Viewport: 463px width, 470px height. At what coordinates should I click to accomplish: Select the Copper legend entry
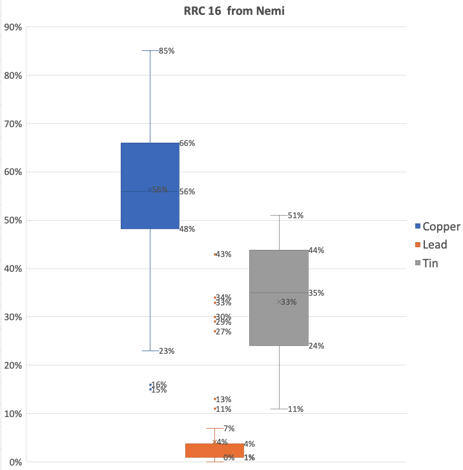pos(437,227)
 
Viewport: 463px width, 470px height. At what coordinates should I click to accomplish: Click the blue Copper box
pos(150,185)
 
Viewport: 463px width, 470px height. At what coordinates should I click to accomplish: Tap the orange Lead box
pos(214,450)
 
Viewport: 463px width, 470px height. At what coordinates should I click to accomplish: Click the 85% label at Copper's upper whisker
pos(167,51)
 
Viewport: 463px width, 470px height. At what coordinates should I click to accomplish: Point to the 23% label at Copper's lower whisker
pos(167,351)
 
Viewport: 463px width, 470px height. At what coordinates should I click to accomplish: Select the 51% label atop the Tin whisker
pos(296,216)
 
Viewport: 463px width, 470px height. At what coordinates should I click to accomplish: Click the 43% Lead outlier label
pos(223,254)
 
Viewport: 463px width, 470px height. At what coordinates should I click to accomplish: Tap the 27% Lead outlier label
pos(223,332)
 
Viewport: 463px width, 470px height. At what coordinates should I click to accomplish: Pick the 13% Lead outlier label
pos(223,400)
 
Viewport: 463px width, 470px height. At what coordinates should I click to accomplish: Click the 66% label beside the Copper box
pos(187,143)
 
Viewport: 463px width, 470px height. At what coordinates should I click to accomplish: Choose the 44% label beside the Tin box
pos(316,250)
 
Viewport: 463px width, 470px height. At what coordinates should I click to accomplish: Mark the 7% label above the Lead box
pos(229,429)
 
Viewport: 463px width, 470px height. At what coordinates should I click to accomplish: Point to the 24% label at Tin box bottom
pos(316,346)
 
